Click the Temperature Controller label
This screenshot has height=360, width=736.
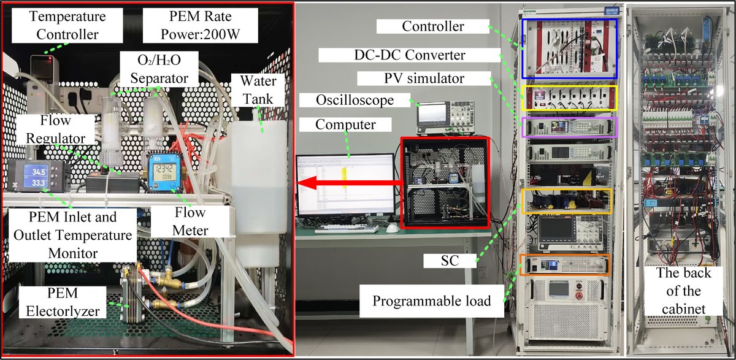click(67, 25)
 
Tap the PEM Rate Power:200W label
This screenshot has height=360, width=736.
click(200, 25)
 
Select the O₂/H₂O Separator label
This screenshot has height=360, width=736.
click(159, 69)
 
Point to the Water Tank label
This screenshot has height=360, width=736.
click(258, 90)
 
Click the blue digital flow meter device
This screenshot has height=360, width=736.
click(164, 172)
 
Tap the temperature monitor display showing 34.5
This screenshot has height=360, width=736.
click(39, 177)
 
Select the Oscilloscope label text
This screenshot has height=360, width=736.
click(355, 100)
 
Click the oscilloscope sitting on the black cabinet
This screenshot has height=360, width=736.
click(445, 118)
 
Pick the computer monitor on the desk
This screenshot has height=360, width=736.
click(345, 186)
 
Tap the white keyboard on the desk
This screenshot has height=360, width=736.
click(347, 229)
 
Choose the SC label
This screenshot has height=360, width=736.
click(450, 261)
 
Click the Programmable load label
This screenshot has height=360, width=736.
click(431, 301)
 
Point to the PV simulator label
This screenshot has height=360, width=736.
click(424, 79)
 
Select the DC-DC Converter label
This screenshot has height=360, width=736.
click(410, 55)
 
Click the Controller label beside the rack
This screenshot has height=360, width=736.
click(433, 26)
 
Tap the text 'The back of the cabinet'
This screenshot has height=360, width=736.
click(683, 291)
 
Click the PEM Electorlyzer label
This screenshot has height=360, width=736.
click(63, 302)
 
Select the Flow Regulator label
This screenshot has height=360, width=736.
click(56, 129)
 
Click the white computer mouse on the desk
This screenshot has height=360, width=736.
click(393, 228)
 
